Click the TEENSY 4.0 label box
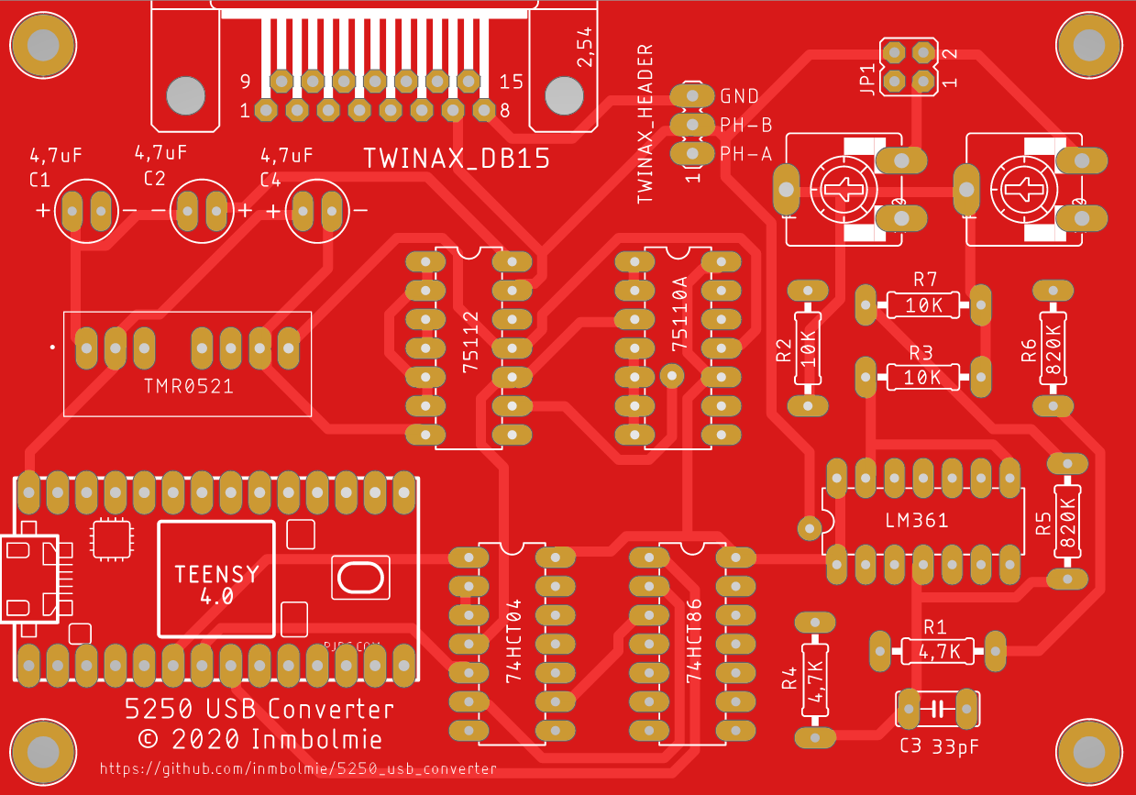coord(216,579)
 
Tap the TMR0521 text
coord(188,386)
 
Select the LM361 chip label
coord(917,521)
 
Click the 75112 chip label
coord(471,343)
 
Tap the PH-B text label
coord(745,125)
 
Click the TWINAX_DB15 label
coord(456,159)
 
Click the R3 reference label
coord(921,353)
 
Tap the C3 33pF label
coord(939,746)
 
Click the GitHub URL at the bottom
coord(297,769)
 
